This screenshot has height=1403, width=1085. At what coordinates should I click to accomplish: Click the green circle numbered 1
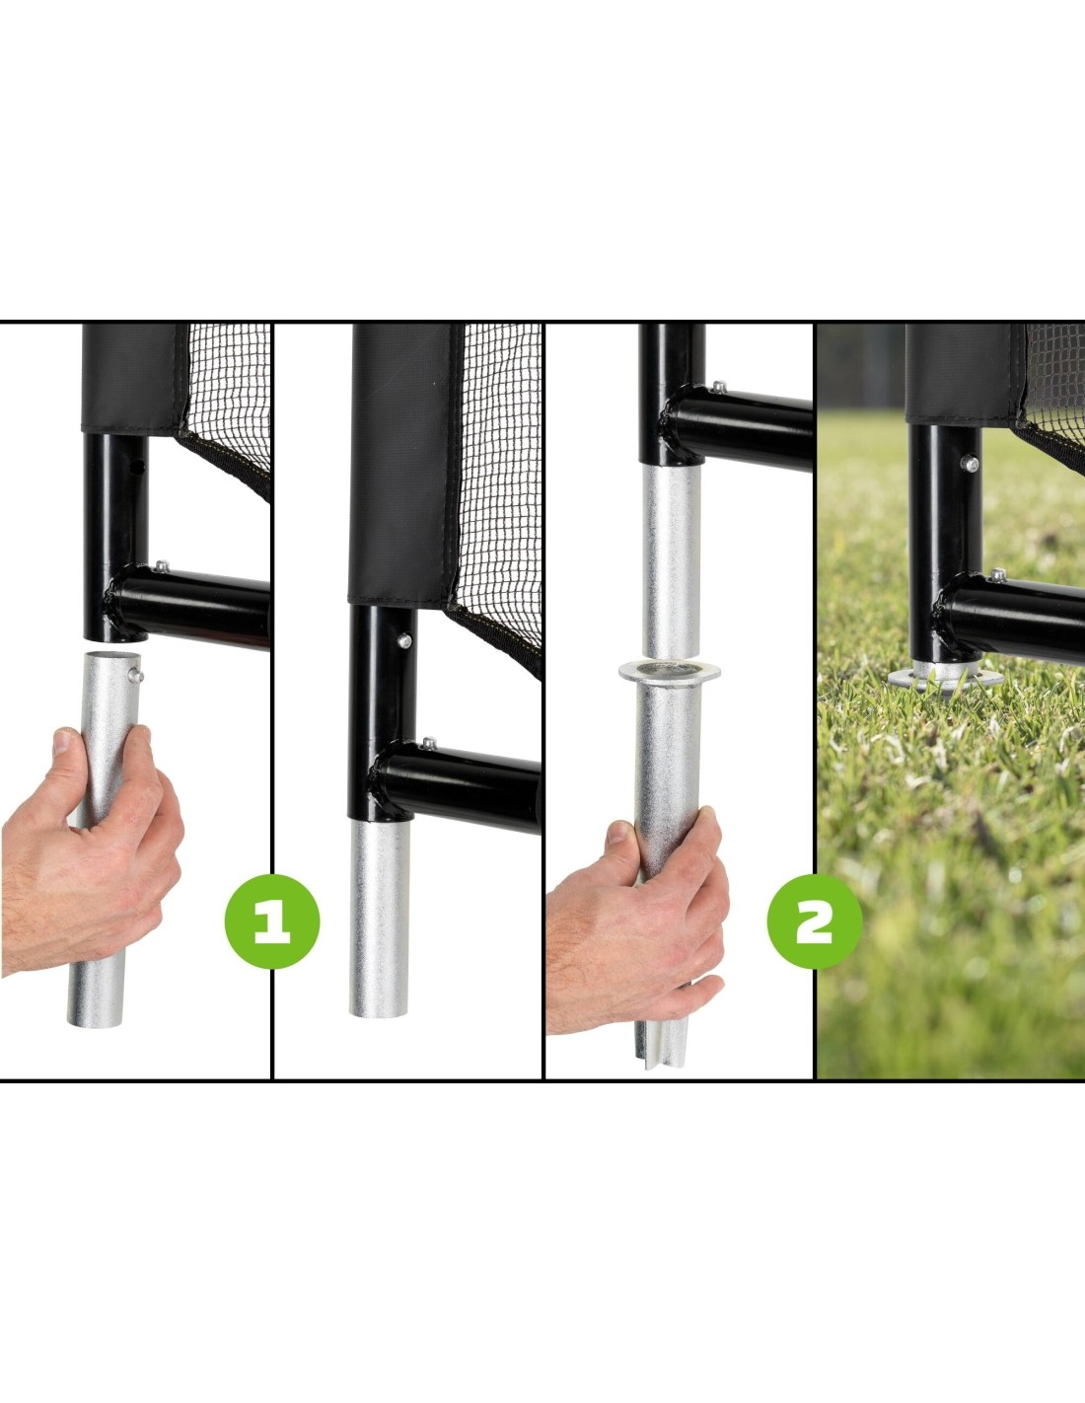[271, 922]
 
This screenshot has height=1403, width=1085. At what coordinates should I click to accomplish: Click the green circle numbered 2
[815, 922]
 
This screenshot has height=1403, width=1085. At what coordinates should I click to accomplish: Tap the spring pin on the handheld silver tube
[136, 675]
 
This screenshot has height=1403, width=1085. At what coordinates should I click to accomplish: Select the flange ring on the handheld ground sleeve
[670, 673]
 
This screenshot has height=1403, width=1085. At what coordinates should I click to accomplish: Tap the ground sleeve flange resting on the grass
[945, 677]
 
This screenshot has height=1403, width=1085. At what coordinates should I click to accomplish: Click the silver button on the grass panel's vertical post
[969, 463]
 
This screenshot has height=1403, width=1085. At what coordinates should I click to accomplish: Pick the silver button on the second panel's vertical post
[404, 641]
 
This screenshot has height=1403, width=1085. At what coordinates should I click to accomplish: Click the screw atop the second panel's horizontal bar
[427, 743]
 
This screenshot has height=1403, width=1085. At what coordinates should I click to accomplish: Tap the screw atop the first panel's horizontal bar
[161, 567]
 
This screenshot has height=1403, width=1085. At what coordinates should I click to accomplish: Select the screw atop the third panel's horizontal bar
[717, 388]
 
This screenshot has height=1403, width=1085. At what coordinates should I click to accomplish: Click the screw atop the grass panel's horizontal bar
[998, 574]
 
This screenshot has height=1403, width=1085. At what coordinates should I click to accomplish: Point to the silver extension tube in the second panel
[380, 919]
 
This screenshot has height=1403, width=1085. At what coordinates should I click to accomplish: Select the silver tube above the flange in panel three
[672, 561]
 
